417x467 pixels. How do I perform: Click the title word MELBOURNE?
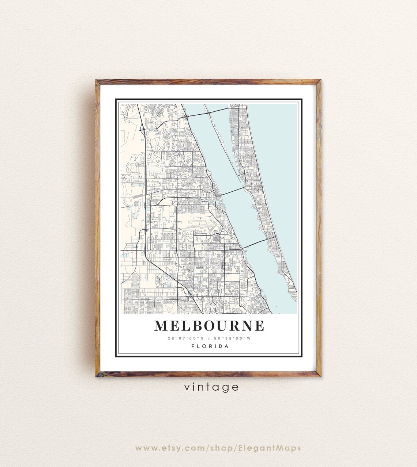tap(209, 325)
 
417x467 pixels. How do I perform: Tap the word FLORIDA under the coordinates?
tap(210, 346)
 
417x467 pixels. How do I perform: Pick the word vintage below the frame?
tap(211, 387)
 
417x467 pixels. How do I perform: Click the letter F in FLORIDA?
tap(193, 346)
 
